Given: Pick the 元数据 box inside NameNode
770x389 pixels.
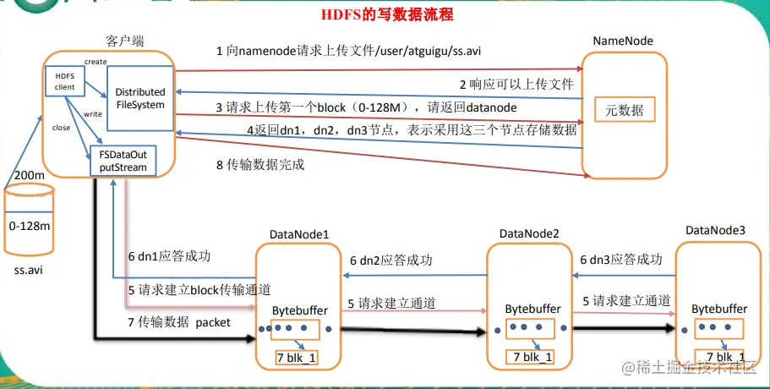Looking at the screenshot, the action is [x=624, y=111].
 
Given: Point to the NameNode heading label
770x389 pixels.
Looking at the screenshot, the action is [x=623, y=41].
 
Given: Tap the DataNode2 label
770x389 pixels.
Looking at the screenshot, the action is [x=529, y=233].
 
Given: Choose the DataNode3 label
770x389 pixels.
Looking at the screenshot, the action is [x=715, y=229].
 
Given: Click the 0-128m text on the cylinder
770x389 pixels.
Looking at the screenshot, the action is [x=29, y=227].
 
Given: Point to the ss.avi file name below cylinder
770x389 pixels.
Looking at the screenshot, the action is [x=29, y=271].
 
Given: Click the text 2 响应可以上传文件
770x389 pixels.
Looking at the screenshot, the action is [x=516, y=85].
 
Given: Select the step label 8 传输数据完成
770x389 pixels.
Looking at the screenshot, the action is [x=259, y=165].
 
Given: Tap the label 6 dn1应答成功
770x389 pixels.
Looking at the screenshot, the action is [x=170, y=255].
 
